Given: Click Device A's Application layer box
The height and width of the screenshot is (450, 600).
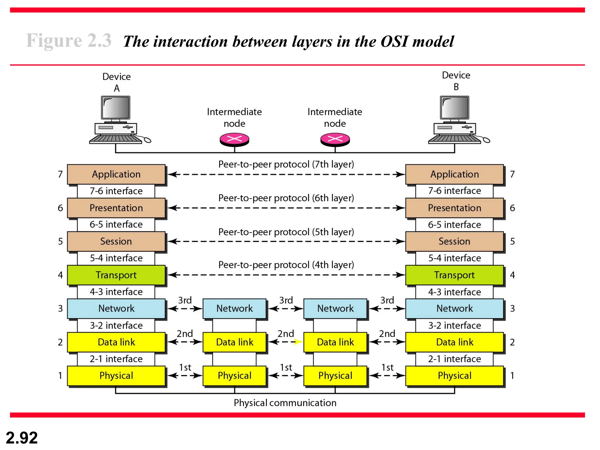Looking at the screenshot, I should (x=116, y=174).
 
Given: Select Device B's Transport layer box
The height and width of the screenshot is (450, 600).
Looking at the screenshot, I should (x=454, y=275).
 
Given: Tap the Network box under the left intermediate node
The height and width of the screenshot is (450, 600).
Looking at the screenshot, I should (x=234, y=308).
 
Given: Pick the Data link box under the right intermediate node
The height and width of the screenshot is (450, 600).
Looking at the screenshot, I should (x=335, y=342).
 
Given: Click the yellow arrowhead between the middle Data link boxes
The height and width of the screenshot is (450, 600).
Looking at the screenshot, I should (x=298, y=342).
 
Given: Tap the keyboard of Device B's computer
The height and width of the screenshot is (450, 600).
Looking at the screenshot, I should (x=454, y=139).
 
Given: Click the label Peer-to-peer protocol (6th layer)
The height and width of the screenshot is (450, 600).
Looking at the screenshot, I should (x=286, y=198).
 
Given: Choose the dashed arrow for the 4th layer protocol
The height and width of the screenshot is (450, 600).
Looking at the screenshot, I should (x=286, y=275).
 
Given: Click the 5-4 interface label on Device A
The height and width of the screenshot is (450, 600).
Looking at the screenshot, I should (x=116, y=258).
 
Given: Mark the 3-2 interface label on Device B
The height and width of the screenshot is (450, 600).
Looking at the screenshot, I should (x=454, y=325).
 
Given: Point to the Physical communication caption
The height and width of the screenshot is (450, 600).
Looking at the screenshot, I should (x=285, y=403).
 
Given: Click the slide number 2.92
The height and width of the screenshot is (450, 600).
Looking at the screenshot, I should (x=22, y=438).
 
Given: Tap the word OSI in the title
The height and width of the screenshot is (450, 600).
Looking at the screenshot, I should (x=394, y=41).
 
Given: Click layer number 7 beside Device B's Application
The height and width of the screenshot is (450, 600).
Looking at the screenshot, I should (x=512, y=174).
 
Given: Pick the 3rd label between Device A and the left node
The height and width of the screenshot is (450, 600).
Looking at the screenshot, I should (x=185, y=300).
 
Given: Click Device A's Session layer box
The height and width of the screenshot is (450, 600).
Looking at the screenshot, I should (x=116, y=241).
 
